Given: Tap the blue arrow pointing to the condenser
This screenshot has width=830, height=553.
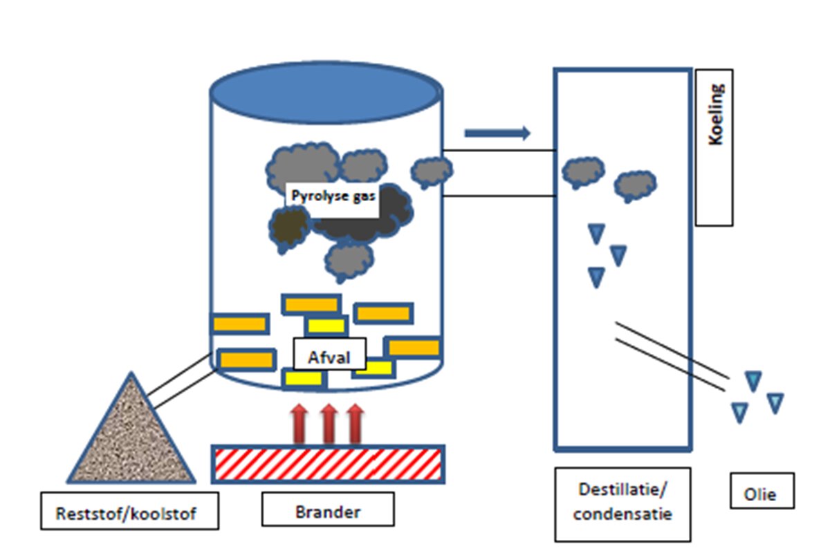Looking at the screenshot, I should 497,133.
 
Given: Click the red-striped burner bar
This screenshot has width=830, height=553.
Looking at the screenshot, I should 328,463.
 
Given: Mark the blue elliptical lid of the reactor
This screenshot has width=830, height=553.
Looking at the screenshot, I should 326,94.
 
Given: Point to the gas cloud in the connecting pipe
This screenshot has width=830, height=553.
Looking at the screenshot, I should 432,170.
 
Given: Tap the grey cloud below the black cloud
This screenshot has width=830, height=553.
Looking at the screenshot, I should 350,261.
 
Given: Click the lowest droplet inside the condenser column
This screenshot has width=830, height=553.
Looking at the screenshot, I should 596,277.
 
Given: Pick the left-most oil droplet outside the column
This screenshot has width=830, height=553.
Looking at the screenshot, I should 739,412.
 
